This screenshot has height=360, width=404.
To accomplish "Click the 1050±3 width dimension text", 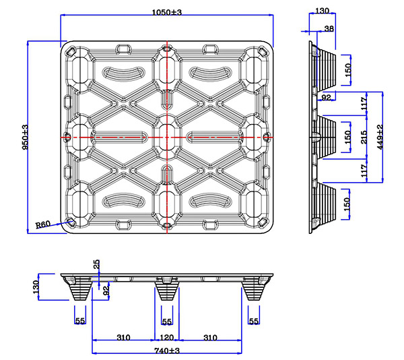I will pyautogui.click(x=168, y=12).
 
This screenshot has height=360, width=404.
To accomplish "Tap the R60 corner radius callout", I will pyautogui.click(x=43, y=224).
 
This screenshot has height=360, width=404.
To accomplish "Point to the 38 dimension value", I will pyautogui.click(x=329, y=28).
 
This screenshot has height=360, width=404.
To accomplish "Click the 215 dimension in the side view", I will pyautogui.click(x=364, y=136).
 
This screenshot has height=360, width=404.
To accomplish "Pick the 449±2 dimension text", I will pyautogui.click(x=380, y=137).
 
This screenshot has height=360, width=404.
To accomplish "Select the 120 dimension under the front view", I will pyautogui.click(x=167, y=337).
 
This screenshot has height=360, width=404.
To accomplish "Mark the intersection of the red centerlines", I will pyautogui.click(x=167, y=137).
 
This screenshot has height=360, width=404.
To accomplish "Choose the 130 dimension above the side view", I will pyautogui.click(x=322, y=11).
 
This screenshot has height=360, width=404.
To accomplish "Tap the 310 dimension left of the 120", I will pyautogui.click(x=123, y=337).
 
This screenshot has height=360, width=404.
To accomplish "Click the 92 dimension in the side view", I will pyautogui.click(x=327, y=98).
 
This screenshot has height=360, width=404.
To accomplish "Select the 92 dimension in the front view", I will pyautogui.click(x=106, y=291).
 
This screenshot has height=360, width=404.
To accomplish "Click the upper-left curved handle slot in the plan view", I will pyautogui.click(x=122, y=72).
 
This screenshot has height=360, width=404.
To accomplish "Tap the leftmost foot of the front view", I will pyautogui.click(x=80, y=291).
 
